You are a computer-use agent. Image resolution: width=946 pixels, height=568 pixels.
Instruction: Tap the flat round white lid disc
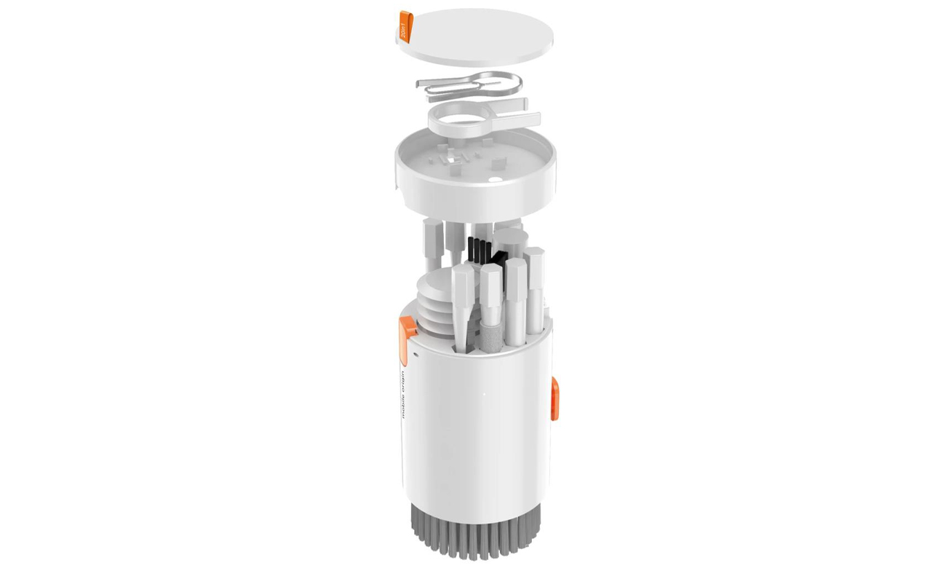pyautogui.click(x=477, y=36)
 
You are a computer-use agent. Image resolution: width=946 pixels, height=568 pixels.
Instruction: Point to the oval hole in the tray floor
pyautogui.click(x=494, y=177)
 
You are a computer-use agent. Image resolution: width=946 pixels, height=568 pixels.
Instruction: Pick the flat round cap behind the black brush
pyautogui.click(x=509, y=240)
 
